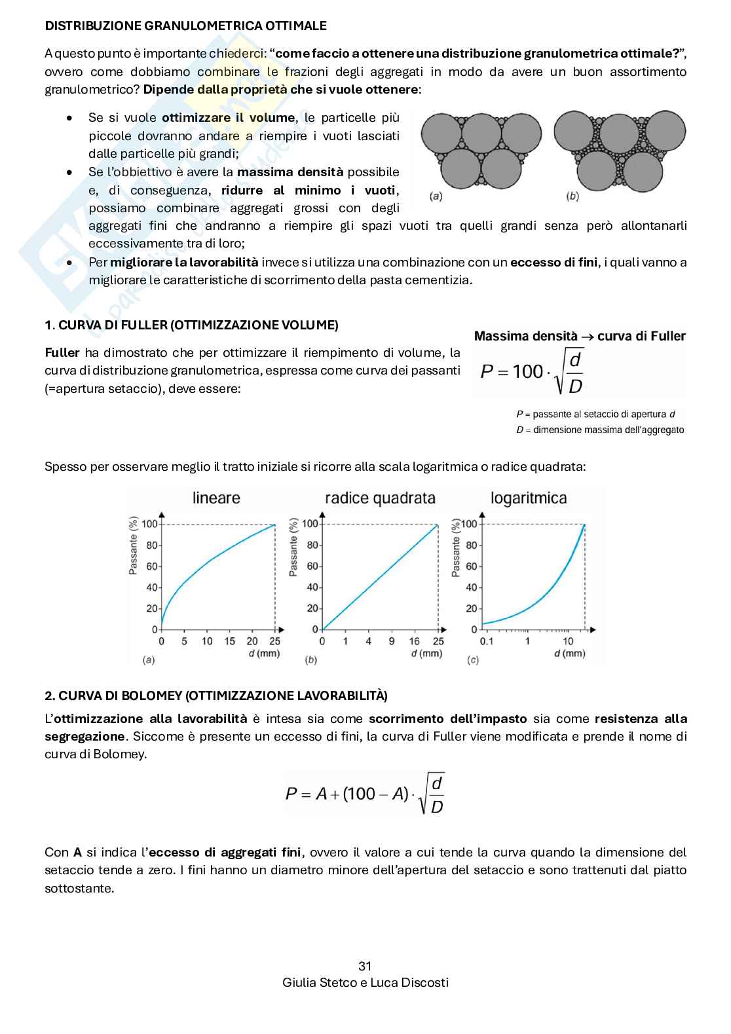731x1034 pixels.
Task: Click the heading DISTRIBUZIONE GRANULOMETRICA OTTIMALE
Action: point(185,26)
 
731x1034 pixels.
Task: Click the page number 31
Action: point(365,966)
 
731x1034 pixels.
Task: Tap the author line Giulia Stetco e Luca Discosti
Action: point(365,982)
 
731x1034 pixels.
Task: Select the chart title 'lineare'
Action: point(216,498)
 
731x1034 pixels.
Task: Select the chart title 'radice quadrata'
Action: point(380,498)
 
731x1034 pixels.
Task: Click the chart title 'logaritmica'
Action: point(529,498)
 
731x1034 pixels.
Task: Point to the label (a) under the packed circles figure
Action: point(435,196)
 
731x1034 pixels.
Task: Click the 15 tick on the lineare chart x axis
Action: point(229,641)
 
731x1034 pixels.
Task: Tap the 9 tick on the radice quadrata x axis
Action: point(391,641)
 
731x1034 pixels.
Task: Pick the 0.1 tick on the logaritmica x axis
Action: point(487,641)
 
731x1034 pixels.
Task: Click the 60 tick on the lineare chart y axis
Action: point(153,566)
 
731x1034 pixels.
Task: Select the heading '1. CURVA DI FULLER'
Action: point(191,325)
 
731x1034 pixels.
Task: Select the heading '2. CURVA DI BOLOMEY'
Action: point(216,695)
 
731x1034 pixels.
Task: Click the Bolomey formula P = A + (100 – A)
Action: point(365,794)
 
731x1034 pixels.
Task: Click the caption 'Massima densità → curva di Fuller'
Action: point(579,337)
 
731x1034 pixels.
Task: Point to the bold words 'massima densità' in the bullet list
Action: point(290,172)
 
